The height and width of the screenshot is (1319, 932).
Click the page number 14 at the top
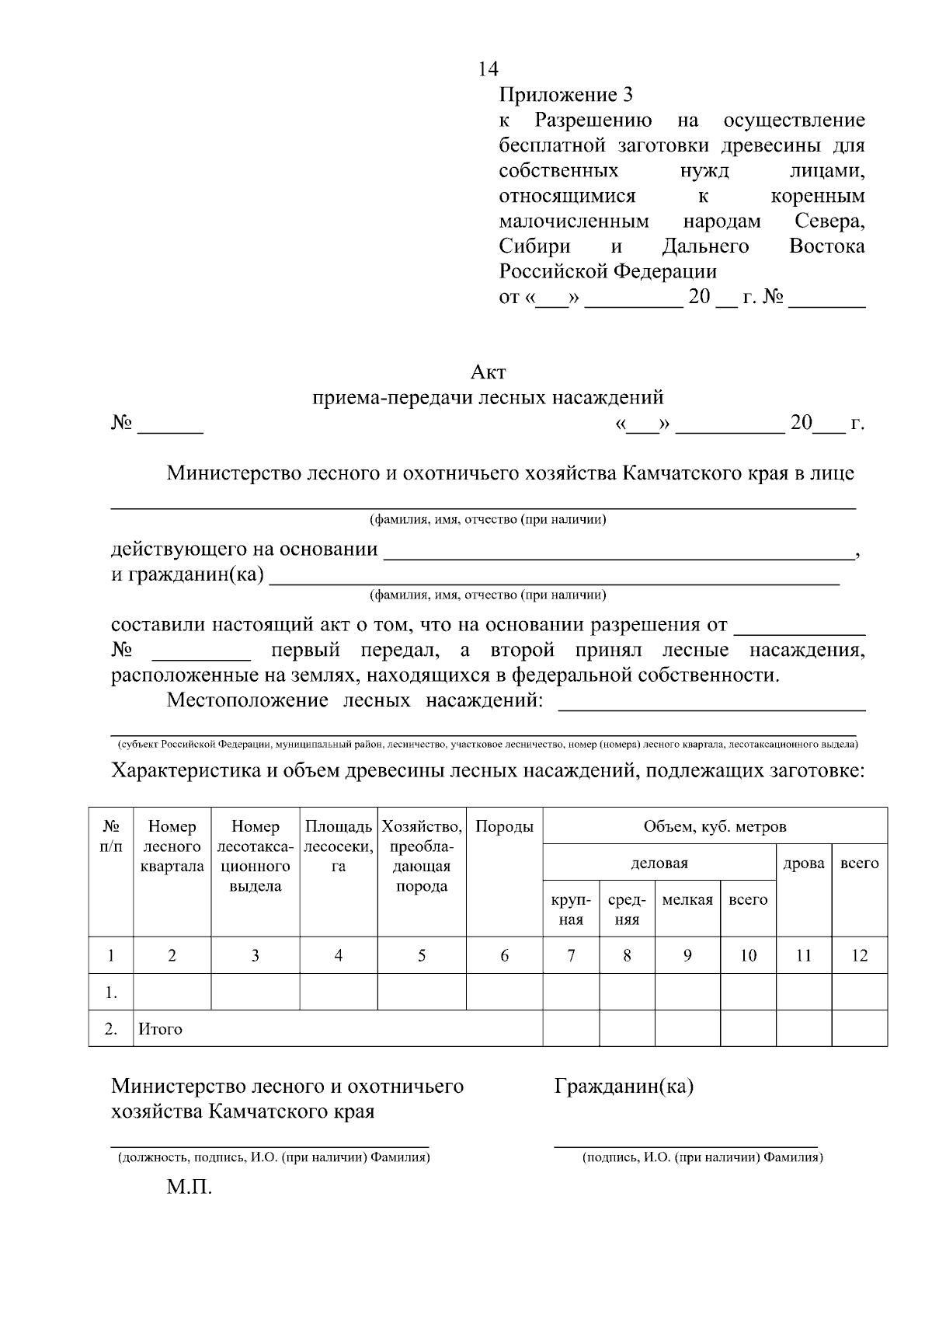click(x=488, y=70)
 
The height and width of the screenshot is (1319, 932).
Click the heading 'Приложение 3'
click(x=565, y=96)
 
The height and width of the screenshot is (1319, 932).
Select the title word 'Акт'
click(x=488, y=372)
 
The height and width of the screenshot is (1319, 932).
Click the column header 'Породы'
click(x=504, y=826)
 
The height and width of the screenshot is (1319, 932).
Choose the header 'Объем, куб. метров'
click(x=715, y=826)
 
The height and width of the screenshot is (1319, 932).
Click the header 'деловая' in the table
click(x=659, y=863)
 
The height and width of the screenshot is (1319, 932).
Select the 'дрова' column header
click(x=804, y=863)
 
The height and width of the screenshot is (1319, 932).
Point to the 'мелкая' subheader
click(x=687, y=899)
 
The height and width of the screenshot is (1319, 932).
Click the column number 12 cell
click(x=859, y=955)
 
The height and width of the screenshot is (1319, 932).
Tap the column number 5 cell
click(x=422, y=955)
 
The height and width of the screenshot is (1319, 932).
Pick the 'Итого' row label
click(x=160, y=1029)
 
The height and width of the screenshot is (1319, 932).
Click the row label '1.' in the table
click(x=111, y=993)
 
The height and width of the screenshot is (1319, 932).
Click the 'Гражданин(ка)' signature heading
click(x=624, y=1086)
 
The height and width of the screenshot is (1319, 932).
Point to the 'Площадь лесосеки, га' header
click(x=339, y=846)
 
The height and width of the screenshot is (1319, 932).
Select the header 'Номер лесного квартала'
click(x=172, y=846)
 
